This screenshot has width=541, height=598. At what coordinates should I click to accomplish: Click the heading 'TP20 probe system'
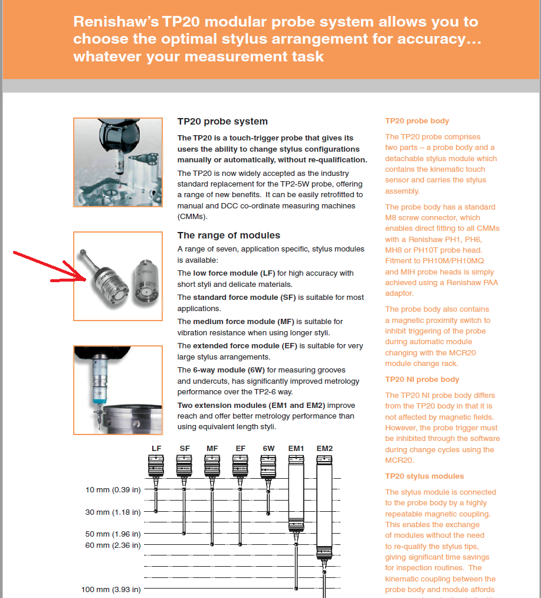[x=222, y=122]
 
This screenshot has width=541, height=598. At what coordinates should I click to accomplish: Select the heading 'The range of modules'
[x=228, y=236]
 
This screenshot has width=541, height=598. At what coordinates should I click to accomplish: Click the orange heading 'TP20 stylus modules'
[x=424, y=476]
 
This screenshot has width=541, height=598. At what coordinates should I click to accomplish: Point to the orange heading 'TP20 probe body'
[x=417, y=121]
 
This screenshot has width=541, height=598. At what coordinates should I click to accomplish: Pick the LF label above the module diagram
[x=156, y=449]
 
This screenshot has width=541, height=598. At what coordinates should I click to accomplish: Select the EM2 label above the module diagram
[x=324, y=449]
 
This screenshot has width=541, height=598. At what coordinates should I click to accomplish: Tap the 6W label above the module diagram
[x=268, y=449]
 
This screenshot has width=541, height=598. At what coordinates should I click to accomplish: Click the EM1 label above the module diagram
[x=296, y=449]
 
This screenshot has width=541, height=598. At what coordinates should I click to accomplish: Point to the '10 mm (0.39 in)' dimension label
[x=113, y=490]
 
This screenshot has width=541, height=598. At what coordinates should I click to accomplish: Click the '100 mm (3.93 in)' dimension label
[x=111, y=589]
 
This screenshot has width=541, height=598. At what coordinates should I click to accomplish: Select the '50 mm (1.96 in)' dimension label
[x=113, y=534]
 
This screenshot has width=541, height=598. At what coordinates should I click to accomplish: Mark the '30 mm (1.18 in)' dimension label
[x=113, y=512]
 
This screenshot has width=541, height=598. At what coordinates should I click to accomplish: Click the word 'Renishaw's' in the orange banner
[x=112, y=22]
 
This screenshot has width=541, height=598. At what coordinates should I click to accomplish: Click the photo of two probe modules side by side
[x=117, y=276]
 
